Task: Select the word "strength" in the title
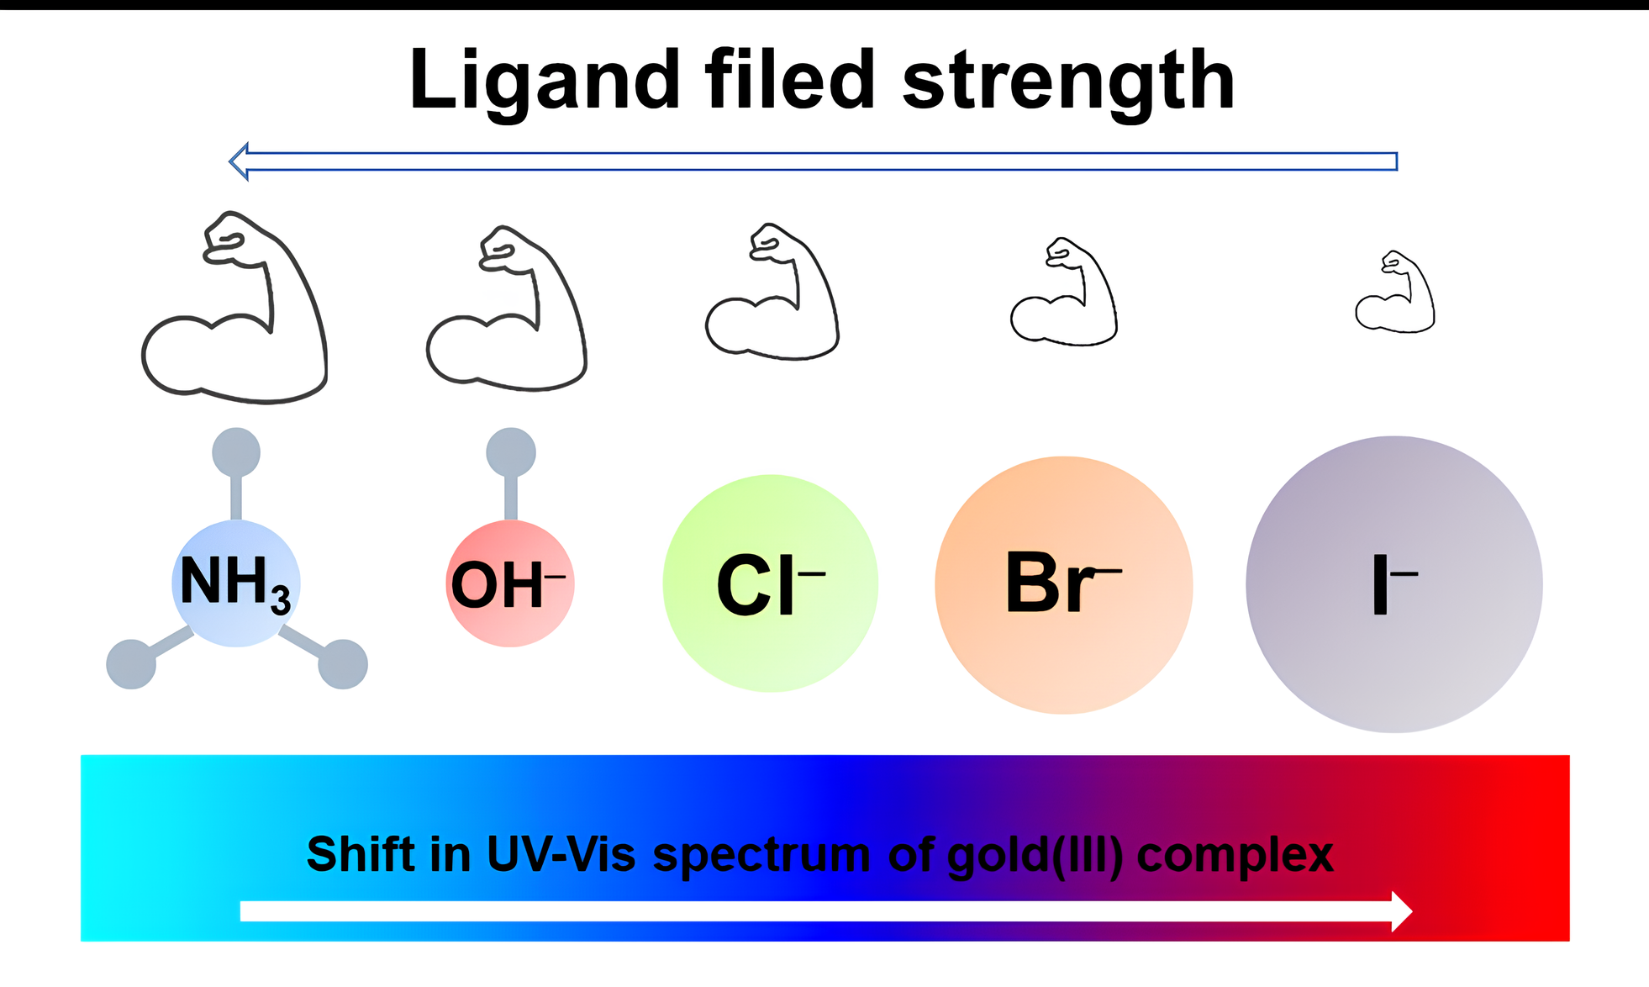1067,82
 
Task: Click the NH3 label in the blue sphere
235,583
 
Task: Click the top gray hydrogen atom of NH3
236,452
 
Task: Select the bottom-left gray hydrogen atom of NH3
131,664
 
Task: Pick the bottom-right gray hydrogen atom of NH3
343,664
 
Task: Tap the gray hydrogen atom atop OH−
511,452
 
